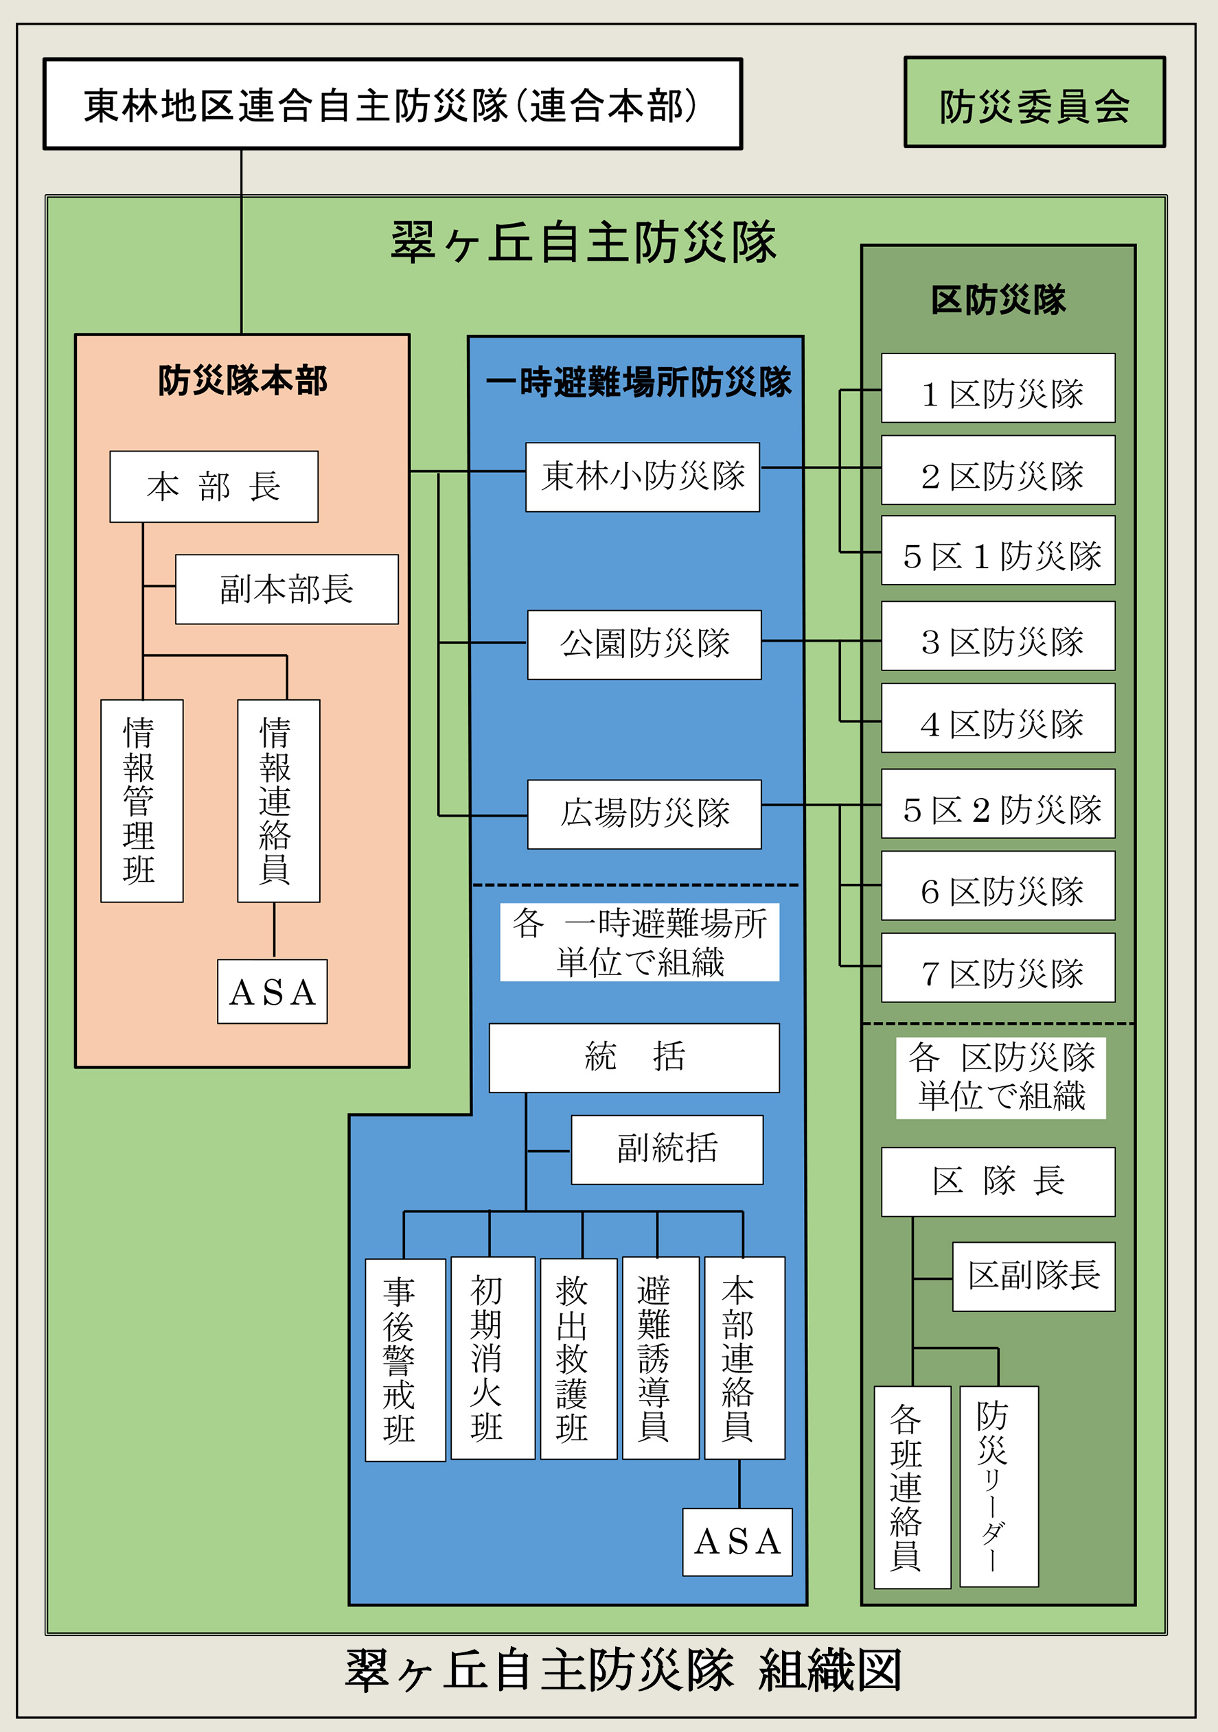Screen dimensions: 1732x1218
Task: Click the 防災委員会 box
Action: pos(1034,103)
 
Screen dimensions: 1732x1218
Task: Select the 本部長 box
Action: pos(214,487)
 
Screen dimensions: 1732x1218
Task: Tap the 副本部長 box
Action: pos(287,589)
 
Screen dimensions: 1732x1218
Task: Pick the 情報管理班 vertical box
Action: pos(142,800)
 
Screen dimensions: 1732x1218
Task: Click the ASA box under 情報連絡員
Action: pos(273,991)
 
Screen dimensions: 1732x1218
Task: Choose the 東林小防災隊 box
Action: pos(642,477)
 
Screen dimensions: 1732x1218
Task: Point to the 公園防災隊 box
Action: pos(644,644)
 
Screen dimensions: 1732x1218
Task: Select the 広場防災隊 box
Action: pos(644,814)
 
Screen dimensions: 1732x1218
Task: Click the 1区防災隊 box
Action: pos(998,388)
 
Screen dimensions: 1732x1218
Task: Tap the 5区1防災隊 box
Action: pos(998,550)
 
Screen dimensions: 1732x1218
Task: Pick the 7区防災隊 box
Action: pos(998,967)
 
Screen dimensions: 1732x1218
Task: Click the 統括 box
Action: pos(634,1057)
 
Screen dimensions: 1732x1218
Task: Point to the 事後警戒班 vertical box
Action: pos(404,1359)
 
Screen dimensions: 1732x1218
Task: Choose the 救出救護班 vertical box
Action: pos(578,1358)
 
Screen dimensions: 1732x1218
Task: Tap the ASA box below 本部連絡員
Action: pos(737,1542)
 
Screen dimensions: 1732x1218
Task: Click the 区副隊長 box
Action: pos(1033,1276)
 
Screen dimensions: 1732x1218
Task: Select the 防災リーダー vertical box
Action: pos(998,1486)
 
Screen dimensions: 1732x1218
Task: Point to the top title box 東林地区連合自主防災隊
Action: pos(393,104)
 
